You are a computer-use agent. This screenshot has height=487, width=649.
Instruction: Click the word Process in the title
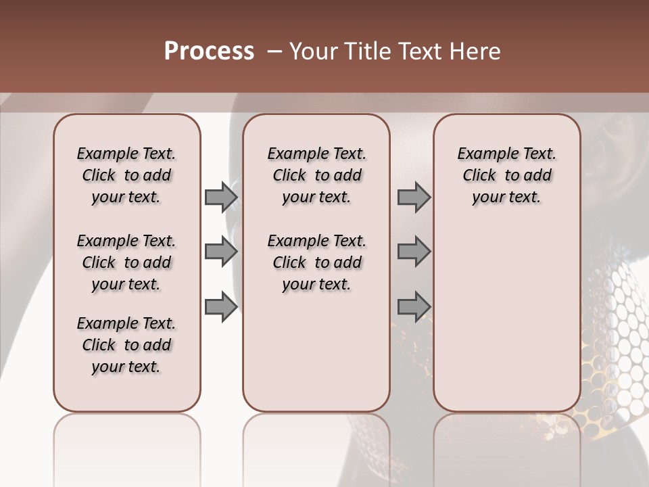209,51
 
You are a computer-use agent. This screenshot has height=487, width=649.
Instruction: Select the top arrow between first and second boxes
221,198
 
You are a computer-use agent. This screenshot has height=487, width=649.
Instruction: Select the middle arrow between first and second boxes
221,252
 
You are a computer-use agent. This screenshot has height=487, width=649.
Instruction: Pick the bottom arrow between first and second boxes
221,306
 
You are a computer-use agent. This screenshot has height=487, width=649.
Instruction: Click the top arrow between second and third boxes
414,198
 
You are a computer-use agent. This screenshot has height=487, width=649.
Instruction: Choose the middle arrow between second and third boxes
414,252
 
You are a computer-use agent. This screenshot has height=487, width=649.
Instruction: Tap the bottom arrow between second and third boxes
414,306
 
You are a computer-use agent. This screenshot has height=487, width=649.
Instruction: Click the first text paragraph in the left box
126,175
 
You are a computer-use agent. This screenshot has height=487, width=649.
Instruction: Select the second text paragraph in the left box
126,262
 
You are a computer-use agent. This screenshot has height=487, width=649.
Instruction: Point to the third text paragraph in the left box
126,345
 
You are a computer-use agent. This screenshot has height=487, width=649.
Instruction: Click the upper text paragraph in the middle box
316,175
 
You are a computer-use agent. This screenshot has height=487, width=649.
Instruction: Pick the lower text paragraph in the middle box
316,262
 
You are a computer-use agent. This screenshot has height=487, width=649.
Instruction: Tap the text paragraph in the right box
506,175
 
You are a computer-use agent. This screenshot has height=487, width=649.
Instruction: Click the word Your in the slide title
310,51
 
